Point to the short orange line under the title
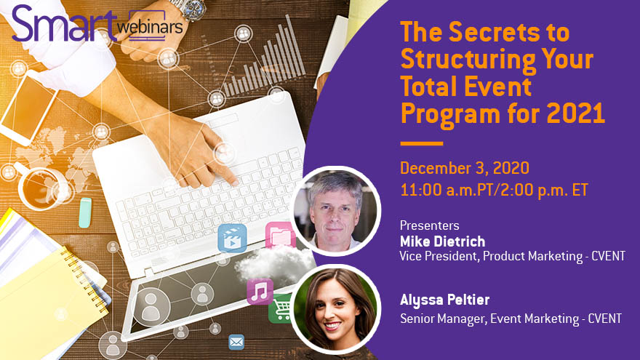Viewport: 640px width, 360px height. [x=421, y=143]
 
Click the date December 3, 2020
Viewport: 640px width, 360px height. [x=464, y=169]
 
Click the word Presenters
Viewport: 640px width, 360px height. [x=429, y=225]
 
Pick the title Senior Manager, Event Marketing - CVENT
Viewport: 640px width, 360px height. [x=511, y=318]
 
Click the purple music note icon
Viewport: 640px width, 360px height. [x=260, y=291]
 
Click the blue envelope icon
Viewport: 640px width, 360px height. [x=236, y=341]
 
